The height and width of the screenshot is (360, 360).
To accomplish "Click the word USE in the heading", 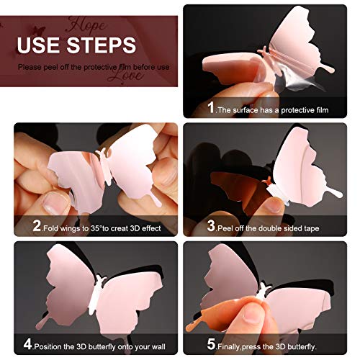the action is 39,45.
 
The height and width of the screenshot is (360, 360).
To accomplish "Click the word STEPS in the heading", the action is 101,45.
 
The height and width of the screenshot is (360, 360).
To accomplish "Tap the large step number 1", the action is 211,107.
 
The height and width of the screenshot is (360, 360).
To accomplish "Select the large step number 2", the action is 37,225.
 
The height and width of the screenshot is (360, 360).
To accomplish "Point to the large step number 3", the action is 211,225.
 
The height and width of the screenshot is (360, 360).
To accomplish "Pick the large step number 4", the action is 27,344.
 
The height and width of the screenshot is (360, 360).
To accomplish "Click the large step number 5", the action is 211,344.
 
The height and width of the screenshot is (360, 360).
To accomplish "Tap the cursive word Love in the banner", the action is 125,76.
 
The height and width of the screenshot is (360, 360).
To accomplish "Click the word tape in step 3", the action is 310,228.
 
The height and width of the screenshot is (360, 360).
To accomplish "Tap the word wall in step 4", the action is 158,346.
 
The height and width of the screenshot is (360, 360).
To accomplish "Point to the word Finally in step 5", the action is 229,347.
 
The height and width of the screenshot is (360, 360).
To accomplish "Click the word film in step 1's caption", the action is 322,110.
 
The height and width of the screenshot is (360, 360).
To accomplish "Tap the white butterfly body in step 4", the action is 95,294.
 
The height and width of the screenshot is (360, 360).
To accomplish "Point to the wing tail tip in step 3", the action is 339,195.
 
